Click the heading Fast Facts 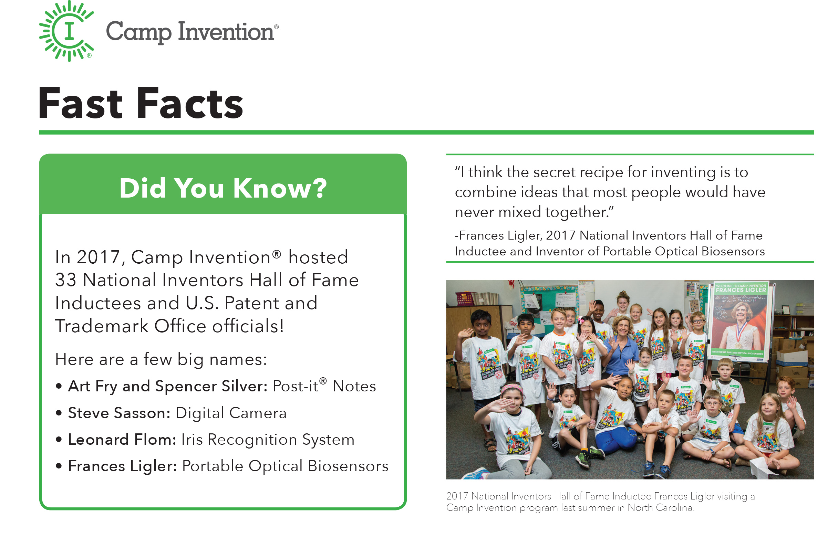point(141,104)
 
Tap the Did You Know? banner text point(223,188)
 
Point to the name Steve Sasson point(119,413)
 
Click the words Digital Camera point(231,413)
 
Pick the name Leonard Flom point(122,440)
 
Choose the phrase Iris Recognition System point(268,440)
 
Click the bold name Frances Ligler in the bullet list point(122,466)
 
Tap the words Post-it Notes point(324,387)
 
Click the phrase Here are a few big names point(161,360)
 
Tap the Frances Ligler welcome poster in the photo point(741,322)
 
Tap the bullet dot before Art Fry point(59,387)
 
